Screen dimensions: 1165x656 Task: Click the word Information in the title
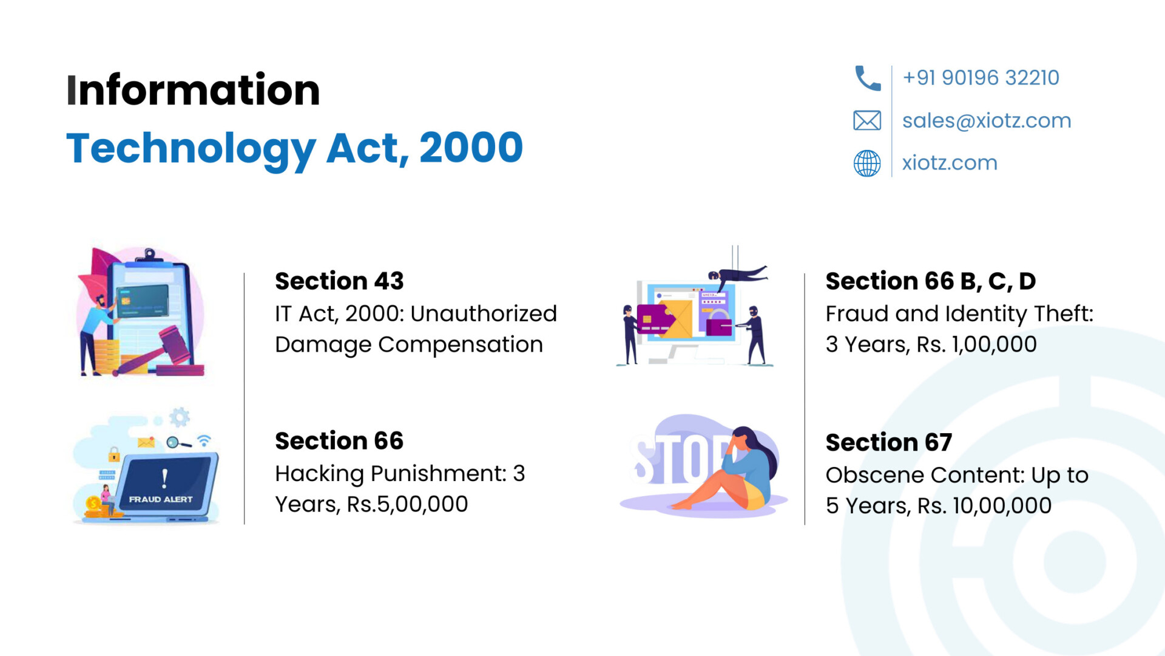(193, 90)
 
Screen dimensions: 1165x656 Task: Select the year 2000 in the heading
(471, 148)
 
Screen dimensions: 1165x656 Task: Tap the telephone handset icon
(867, 78)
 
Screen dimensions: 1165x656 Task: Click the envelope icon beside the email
(867, 120)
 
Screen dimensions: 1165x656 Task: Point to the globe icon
(867, 163)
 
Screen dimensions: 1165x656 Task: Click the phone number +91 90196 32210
(981, 78)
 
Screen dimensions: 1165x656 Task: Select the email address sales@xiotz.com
(987, 120)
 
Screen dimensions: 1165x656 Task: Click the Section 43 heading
(339, 281)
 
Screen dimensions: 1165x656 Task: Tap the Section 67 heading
(889, 442)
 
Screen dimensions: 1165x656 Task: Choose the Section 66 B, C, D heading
(931, 281)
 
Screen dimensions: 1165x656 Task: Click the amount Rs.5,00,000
(407, 504)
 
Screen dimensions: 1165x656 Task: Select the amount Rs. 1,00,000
(976, 344)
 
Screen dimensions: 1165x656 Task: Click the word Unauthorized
(484, 313)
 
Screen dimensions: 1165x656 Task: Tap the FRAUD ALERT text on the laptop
(161, 499)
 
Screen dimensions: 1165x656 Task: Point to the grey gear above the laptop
(180, 418)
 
